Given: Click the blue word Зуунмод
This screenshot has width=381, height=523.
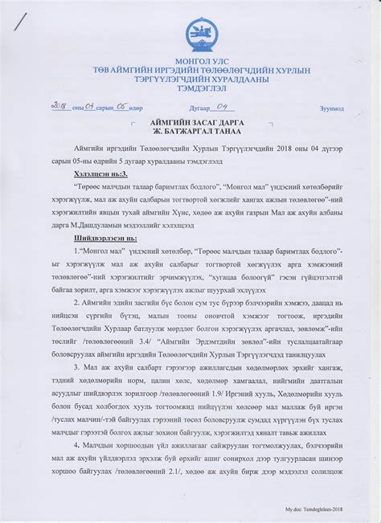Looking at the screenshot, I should tap(331, 108).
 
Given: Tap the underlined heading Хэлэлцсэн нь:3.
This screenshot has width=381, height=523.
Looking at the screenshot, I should tap(100, 173).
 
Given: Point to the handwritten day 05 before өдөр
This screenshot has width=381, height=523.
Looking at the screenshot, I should tap(121, 105).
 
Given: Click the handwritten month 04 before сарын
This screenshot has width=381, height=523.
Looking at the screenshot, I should tap(89, 105).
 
